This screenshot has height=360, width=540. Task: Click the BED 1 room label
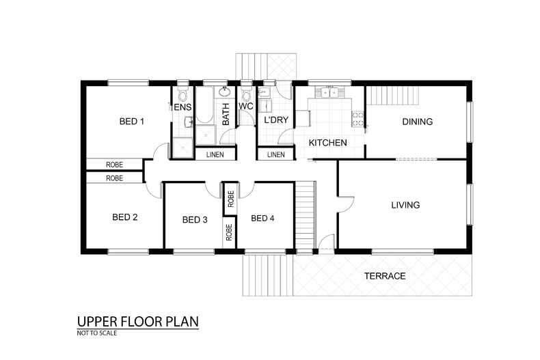pos(131,121)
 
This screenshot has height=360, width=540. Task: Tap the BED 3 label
pos(195,219)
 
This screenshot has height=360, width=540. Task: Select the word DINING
pos(418,122)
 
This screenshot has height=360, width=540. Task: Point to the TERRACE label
pos(385,276)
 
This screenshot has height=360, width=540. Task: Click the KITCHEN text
pos(328,143)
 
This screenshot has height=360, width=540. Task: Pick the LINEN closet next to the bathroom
pos(215,154)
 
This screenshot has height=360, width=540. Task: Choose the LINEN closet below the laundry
pos(276,154)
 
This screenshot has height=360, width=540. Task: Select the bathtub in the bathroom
pos(204,105)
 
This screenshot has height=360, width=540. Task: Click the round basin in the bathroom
pos(225,92)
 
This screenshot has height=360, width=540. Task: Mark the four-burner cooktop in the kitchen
pos(357,119)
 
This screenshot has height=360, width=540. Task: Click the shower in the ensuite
pos(183,148)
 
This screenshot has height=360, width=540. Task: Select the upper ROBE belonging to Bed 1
pos(114,165)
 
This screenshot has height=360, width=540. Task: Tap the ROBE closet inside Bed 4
pos(231,199)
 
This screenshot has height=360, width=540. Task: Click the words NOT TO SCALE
pos(97,333)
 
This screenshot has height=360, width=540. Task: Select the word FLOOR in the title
pos(141,322)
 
